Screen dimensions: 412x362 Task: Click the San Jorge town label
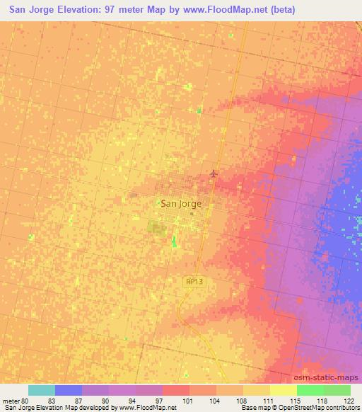click(x=182, y=203)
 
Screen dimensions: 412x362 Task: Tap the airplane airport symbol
click(x=215, y=173)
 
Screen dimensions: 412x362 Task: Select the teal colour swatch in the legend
click(x=42, y=390)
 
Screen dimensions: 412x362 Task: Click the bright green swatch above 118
click(x=310, y=390)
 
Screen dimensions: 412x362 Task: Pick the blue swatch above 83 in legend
click(x=69, y=390)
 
